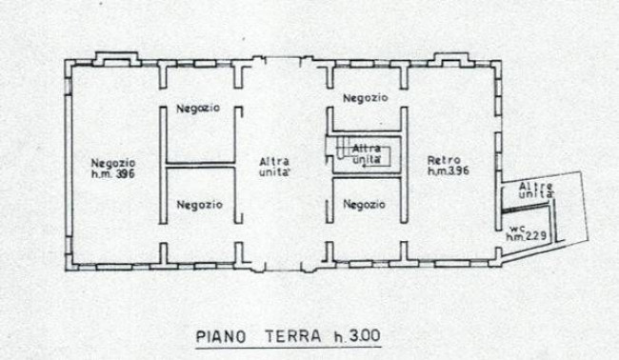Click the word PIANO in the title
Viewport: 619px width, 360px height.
tap(221, 337)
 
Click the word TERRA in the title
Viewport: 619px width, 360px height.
tap(293, 336)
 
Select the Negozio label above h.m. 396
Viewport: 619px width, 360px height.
tap(113, 163)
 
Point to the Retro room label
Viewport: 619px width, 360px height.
tap(444, 160)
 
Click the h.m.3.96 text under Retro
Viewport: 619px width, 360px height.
tap(449, 170)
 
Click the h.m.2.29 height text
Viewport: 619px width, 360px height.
tap(527, 236)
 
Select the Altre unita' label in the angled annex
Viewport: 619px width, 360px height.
tap(536, 190)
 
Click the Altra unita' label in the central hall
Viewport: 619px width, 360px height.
tap(274, 167)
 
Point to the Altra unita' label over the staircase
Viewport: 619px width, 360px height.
tap(367, 154)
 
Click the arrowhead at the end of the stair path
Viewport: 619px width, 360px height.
tap(365, 166)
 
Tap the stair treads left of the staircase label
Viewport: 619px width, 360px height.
tap(342, 148)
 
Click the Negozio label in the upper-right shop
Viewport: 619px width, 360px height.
tap(365, 98)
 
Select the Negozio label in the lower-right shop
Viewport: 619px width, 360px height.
tap(364, 205)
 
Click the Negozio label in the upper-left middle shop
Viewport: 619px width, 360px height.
tap(198, 109)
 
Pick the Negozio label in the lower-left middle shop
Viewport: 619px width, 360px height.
tap(199, 205)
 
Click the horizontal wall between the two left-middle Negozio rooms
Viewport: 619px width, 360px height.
tap(200, 165)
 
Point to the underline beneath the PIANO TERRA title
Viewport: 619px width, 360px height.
tap(289, 348)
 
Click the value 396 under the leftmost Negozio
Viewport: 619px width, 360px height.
tap(125, 173)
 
